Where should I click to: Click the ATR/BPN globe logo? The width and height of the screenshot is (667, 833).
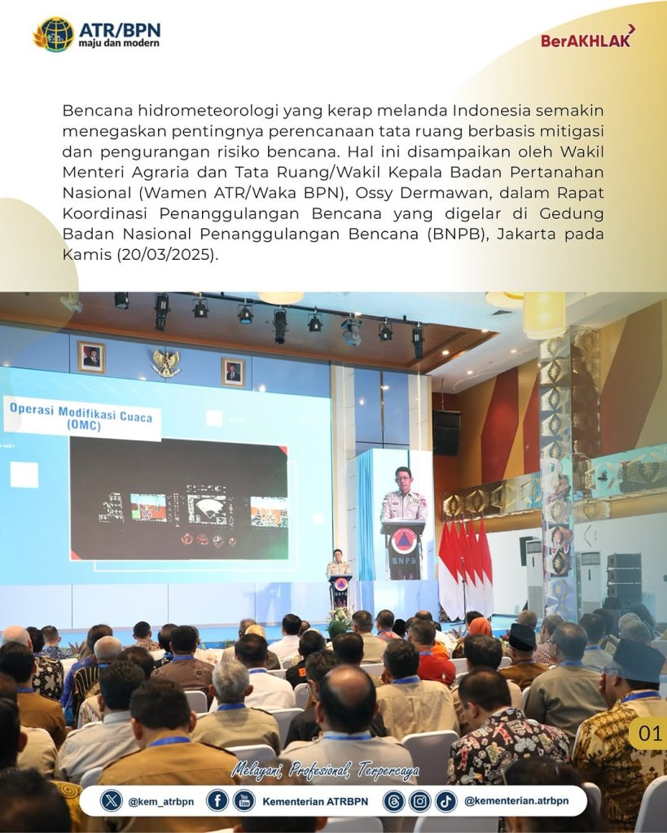pos(53,34)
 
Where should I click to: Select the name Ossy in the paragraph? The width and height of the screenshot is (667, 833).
pos(372,192)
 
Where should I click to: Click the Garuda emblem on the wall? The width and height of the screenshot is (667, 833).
pos(166,362)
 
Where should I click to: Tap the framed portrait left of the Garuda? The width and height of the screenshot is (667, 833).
pos(91,357)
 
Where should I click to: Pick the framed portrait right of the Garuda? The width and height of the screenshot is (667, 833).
pos(233,372)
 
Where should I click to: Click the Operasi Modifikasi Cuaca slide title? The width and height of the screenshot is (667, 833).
pos(81,417)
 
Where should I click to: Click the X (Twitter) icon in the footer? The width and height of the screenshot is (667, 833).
pos(111,801)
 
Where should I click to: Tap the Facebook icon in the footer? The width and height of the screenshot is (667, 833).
pos(217,801)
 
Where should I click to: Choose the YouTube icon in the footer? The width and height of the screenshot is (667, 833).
pos(244,801)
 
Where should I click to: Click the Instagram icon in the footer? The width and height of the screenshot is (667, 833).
pos(419,801)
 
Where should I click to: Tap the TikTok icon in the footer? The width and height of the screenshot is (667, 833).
pos(446,801)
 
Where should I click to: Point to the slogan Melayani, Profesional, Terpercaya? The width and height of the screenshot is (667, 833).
pos(325,770)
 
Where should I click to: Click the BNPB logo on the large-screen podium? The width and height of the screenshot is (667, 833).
pos(403,542)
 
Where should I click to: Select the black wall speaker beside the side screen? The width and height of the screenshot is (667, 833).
pos(446,433)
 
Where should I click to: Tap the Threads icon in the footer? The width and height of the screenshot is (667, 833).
pos(393,801)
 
